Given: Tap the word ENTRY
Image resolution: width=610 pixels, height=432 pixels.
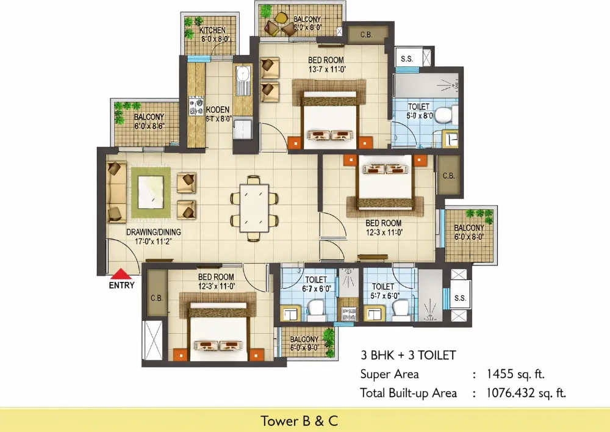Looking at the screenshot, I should [x=122, y=285].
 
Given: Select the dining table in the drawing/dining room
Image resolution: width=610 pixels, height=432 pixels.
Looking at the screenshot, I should [x=254, y=201].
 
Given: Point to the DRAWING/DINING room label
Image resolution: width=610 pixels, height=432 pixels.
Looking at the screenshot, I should [x=153, y=237].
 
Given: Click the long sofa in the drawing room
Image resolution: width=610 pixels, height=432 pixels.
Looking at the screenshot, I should [x=117, y=192].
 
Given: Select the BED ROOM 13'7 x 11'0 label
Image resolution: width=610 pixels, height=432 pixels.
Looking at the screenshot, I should [x=326, y=65].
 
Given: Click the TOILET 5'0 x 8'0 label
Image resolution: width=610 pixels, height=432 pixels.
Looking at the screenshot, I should [x=419, y=110].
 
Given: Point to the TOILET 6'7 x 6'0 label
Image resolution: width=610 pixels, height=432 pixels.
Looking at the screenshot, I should [x=316, y=284].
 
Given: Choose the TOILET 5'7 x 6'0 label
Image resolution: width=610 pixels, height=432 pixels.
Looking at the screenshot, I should [x=383, y=291].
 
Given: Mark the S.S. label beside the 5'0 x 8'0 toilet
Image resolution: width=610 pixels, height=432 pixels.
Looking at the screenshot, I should [x=407, y=59].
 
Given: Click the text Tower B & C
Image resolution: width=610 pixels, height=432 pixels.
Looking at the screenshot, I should [x=299, y=420].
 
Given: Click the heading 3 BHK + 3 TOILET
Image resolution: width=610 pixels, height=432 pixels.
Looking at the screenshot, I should [x=408, y=355].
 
